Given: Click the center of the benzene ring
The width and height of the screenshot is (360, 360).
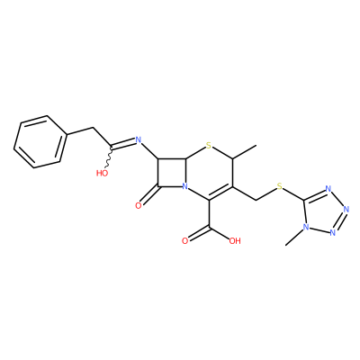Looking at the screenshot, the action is [40, 141].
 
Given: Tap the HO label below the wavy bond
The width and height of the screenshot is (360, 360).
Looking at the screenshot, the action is [103, 173].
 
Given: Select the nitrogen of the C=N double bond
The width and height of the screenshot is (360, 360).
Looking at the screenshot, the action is [138, 139].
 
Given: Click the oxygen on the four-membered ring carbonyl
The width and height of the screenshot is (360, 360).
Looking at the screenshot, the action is [139, 205].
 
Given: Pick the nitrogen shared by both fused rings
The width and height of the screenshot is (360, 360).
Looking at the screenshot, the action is [185, 187].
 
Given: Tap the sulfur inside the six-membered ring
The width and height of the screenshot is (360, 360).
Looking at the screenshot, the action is [209, 147].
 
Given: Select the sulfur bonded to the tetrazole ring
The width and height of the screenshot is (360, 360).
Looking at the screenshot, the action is [280, 187].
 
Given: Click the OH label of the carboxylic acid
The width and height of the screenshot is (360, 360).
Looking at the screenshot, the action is [235, 240].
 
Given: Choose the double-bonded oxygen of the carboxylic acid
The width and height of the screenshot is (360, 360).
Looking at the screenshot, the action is [184, 240].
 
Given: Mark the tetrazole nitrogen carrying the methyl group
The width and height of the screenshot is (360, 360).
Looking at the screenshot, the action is [306, 227].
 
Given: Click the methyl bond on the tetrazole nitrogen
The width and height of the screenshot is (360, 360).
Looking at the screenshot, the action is [294, 238].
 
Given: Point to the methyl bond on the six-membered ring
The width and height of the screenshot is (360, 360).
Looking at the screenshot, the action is [245, 152].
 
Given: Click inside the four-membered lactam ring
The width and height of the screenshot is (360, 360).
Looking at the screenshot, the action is [172, 173].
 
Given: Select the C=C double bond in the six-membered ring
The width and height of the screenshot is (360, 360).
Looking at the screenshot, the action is [220, 193].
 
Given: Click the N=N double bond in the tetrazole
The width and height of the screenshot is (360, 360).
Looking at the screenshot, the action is [339, 221].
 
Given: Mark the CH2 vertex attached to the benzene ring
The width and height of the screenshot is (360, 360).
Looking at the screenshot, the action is [93, 128].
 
